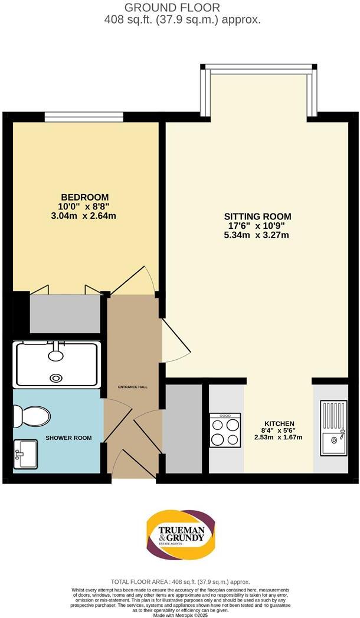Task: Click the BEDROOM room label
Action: coord(86,197)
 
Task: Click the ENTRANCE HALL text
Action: coord(133,387)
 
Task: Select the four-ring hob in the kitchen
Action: coord(225,430)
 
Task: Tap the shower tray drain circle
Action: coord(56,378)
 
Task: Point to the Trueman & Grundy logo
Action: coord(180,537)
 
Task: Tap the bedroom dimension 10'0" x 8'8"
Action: coord(86,206)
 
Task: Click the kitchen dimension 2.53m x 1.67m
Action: coord(278,437)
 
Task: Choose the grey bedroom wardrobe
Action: coord(65,314)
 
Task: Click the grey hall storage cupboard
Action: coord(182,428)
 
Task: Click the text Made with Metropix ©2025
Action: coord(180,614)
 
